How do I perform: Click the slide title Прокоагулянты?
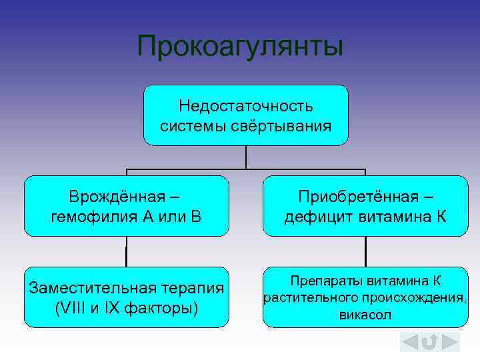(240, 47)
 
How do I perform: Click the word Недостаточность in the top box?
(246, 106)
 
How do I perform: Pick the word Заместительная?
(91, 288)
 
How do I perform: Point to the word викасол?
(365, 315)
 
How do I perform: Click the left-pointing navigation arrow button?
(409, 342)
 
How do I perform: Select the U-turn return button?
(430, 342)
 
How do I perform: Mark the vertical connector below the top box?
(246, 157)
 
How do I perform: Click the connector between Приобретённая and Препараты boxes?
(365, 251)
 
